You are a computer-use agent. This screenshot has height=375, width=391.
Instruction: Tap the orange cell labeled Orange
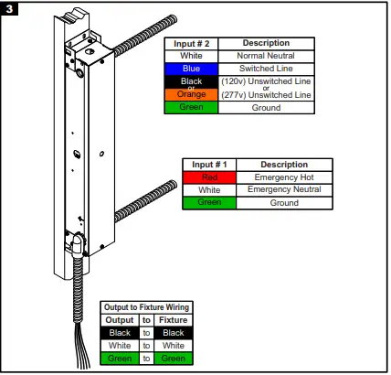tap(192, 94)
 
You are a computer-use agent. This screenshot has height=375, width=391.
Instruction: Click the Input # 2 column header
tap(192, 43)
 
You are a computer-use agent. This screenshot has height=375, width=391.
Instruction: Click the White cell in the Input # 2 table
tap(192, 55)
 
